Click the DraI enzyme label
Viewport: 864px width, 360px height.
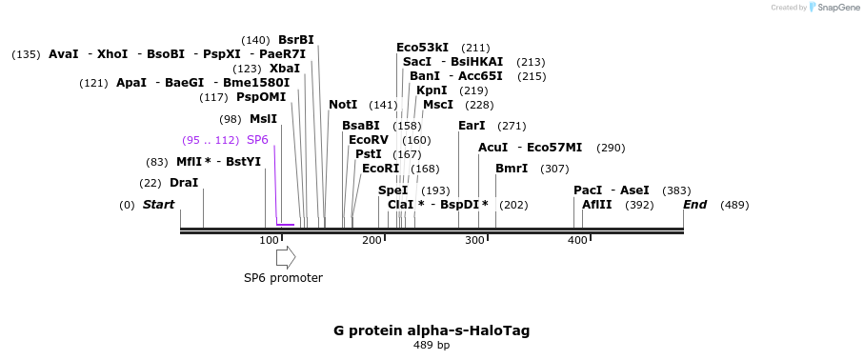coord(184,183)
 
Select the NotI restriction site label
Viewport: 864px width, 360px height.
coord(343,105)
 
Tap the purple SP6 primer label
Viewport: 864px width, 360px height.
coord(257,140)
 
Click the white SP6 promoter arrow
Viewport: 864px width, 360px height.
coord(286,257)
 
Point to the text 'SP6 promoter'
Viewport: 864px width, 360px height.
coord(283,278)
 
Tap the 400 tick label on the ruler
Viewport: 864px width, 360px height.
coord(577,240)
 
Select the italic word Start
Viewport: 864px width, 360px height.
coord(159,205)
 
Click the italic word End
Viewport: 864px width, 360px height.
coord(694,205)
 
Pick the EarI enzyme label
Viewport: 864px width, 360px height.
coord(472,126)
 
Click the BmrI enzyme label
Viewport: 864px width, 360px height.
coord(512,169)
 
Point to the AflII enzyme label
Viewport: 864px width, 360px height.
coord(596,205)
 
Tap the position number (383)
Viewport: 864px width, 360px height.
coord(676,190)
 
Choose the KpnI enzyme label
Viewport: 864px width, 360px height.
coord(432,90)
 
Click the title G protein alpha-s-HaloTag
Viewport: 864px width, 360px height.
coord(432,330)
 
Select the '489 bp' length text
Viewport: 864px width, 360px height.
coord(432,345)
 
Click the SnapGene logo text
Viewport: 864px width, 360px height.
coord(838,8)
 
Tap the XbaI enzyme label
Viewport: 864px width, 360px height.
coord(285,69)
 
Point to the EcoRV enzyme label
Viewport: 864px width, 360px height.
coord(369,139)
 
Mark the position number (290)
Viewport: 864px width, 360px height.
coord(611,148)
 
